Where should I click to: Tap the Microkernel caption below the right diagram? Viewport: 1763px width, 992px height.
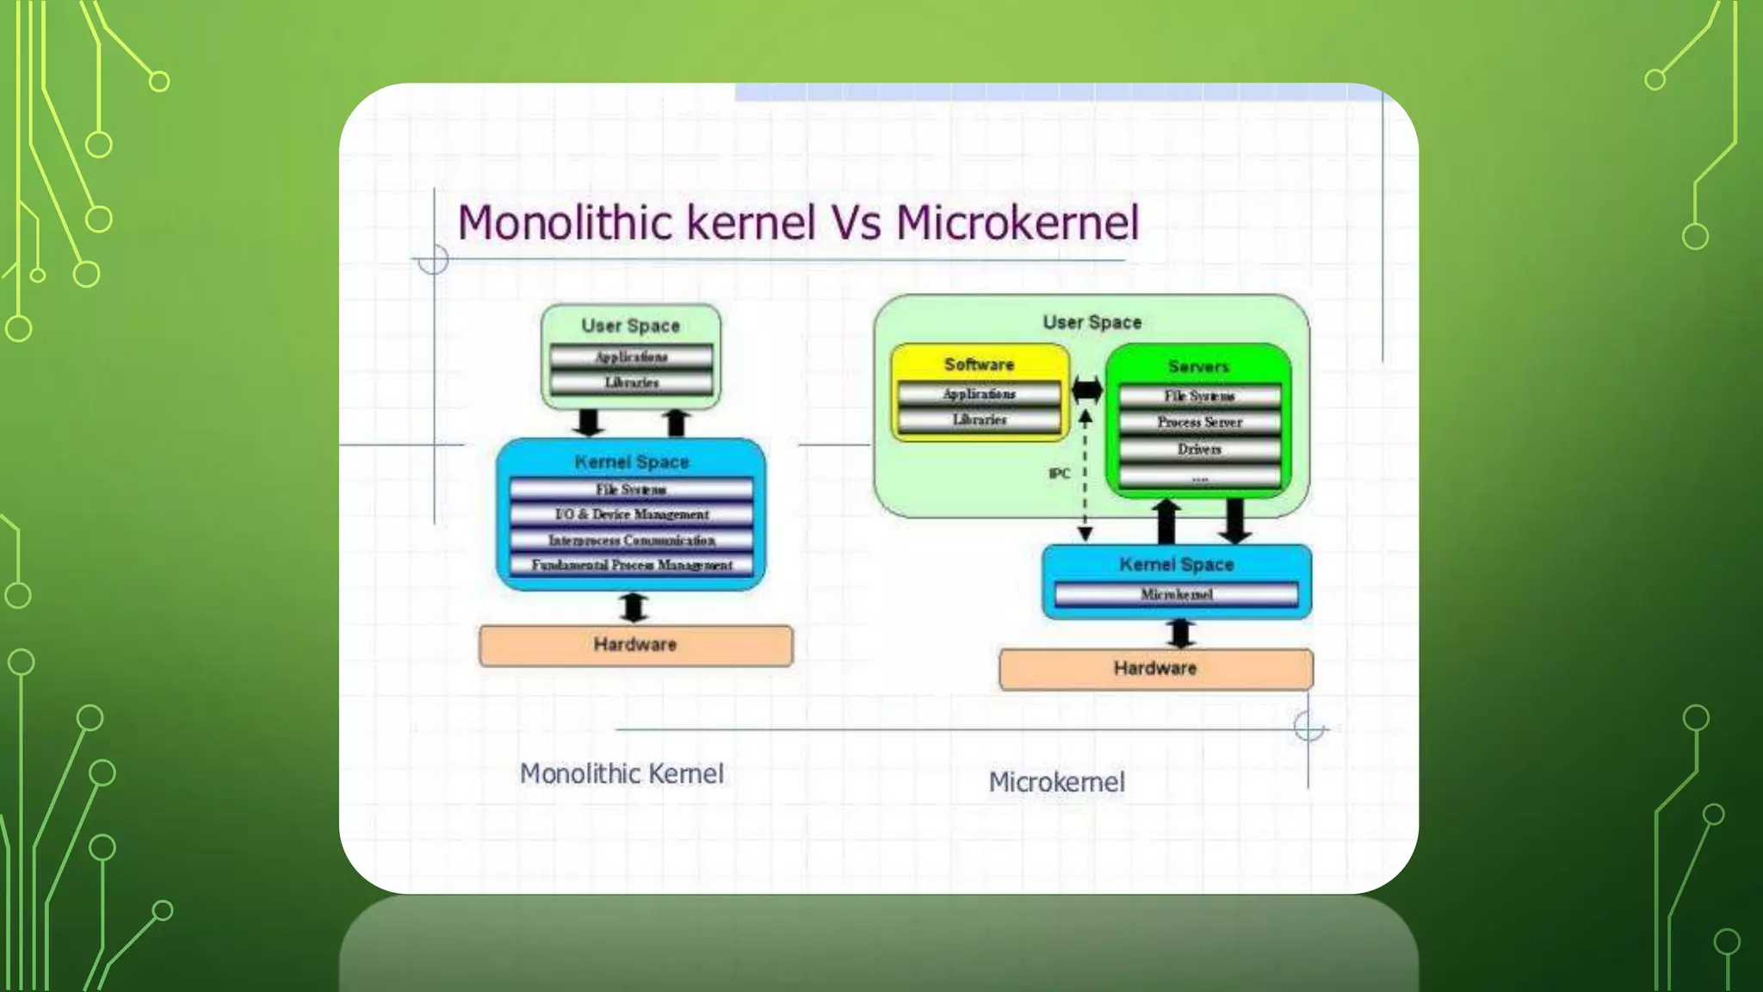pyautogui.click(x=1056, y=782)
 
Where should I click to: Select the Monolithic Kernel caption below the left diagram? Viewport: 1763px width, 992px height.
pyautogui.click(x=622, y=773)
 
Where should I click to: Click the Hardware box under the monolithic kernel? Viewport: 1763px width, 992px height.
pyautogui.click(x=635, y=645)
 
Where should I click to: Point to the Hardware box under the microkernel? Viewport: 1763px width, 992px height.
pyautogui.click(x=1155, y=669)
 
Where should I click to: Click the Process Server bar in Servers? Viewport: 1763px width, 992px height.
pyautogui.click(x=1199, y=422)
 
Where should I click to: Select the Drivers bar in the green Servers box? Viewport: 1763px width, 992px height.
pyautogui.click(x=1199, y=449)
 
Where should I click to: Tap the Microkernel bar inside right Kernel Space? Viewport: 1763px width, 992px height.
pyautogui.click(x=1176, y=594)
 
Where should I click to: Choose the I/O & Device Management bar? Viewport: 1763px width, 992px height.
pyautogui.click(x=632, y=514)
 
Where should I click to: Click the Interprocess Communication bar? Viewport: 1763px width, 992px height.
pyautogui.click(x=632, y=540)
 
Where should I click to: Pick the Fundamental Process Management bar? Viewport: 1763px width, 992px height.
pyautogui.click(x=632, y=565)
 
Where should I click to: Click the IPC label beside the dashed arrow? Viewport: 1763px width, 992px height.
pyautogui.click(x=1059, y=474)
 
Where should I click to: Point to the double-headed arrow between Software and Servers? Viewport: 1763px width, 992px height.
pyautogui.click(x=1087, y=390)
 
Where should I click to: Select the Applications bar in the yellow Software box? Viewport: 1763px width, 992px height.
pyautogui.click(x=979, y=394)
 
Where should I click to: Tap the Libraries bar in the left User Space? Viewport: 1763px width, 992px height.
pyautogui.click(x=631, y=382)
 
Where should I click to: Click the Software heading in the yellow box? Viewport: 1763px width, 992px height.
pyautogui.click(x=979, y=364)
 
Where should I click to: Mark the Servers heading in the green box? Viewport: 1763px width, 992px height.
pyautogui.click(x=1198, y=367)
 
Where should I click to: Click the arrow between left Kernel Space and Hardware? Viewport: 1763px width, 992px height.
pyautogui.click(x=634, y=607)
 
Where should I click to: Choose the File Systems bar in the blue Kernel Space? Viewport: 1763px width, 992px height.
pyautogui.click(x=632, y=489)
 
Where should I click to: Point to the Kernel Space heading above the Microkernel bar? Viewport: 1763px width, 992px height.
pyautogui.click(x=1176, y=565)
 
